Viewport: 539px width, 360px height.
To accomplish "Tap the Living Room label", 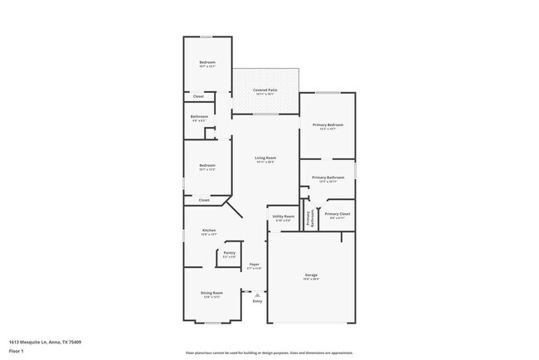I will click(x=265, y=158).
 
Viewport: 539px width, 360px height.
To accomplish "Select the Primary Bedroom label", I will click(x=328, y=124).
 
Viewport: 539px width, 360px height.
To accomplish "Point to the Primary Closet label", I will click(x=337, y=214).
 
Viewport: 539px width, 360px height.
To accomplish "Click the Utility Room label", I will click(x=284, y=216).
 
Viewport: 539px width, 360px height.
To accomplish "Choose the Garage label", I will click(x=311, y=275).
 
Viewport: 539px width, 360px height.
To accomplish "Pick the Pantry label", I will click(x=229, y=253).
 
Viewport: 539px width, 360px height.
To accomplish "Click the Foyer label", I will click(x=255, y=265).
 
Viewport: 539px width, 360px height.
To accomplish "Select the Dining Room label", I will click(x=211, y=293).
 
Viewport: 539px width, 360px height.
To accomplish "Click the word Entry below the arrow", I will click(x=257, y=301).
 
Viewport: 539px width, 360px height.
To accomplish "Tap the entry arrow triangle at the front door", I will click(x=257, y=294).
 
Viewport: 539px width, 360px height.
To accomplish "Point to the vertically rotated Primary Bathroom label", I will click(x=309, y=219).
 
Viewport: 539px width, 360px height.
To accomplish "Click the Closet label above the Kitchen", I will click(x=204, y=199).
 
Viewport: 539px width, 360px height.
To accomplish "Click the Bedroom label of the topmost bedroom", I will click(x=207, y=63).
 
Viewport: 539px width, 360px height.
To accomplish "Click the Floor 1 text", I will click(x=17, y=351).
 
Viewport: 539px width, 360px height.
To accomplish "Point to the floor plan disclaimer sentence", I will click(x=269, y=352).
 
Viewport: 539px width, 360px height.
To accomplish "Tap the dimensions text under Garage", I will click(x=311, y=279).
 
